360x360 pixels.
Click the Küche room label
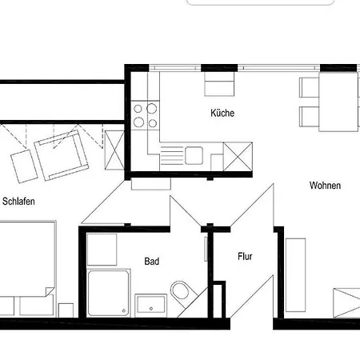coord(222,114)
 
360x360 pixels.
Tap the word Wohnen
coord(325,186)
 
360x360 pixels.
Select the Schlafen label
coord(18,202)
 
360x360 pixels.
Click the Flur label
coord(245,257)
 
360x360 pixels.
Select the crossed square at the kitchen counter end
coord(238,155)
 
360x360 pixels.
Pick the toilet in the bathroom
coord(182,292)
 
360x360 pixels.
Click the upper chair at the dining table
coord(310,87)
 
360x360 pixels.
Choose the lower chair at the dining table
coord(310,117)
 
